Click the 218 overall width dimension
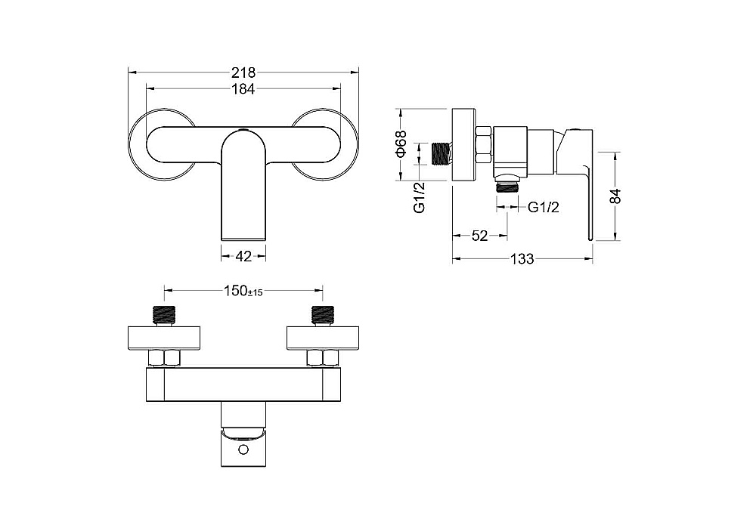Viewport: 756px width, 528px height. [243, 73]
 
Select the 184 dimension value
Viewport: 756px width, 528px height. [243, 89]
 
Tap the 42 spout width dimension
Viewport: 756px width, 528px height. [243, 256]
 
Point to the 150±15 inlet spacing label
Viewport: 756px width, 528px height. [243, 291]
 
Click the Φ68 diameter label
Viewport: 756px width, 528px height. [401, 144]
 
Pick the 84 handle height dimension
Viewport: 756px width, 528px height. [615, 196]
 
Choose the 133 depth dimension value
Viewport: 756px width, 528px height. [522, 259]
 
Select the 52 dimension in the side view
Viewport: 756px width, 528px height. [479, 236]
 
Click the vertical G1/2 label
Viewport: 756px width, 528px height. [420, 197]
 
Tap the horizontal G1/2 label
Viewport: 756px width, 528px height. [544, 207]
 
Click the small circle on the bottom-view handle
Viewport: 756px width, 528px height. [243, 450]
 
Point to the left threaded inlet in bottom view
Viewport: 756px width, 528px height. [164, 316]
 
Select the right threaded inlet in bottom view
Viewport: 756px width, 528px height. [323, 316]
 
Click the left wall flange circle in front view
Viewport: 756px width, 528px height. [130, 144]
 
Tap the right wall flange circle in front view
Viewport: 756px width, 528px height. [358, 144]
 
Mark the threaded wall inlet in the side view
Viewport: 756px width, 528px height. [442, 154]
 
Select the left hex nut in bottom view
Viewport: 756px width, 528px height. [164, 359]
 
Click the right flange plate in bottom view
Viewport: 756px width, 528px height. [323, 338]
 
